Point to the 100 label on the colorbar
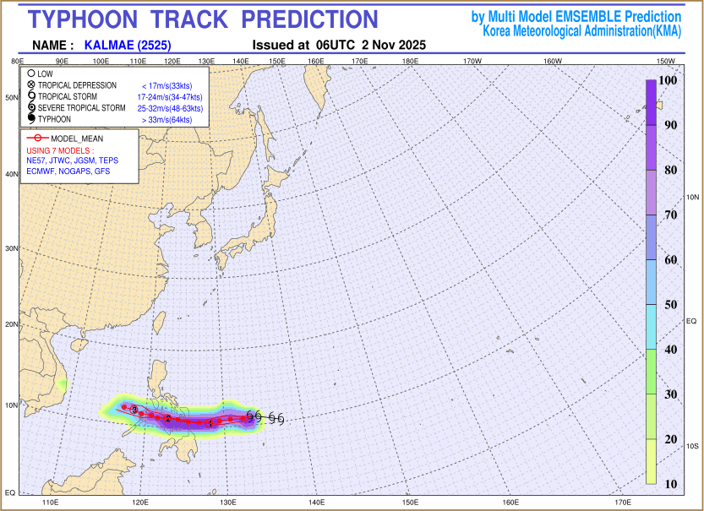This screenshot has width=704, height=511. click(x=667, y=80)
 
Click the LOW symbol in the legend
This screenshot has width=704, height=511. click(x=30, y=74)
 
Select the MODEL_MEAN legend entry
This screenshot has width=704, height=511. click(x=76, y=138)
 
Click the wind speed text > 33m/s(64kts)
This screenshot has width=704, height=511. click(x=167, y=120)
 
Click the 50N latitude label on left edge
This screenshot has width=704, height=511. click(x=13, y=98)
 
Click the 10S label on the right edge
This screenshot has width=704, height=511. click(x=691, y=445)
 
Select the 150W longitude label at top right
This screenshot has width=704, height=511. click(x=665, y=62)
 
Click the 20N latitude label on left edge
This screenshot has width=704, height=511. click(x=13, y=324)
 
